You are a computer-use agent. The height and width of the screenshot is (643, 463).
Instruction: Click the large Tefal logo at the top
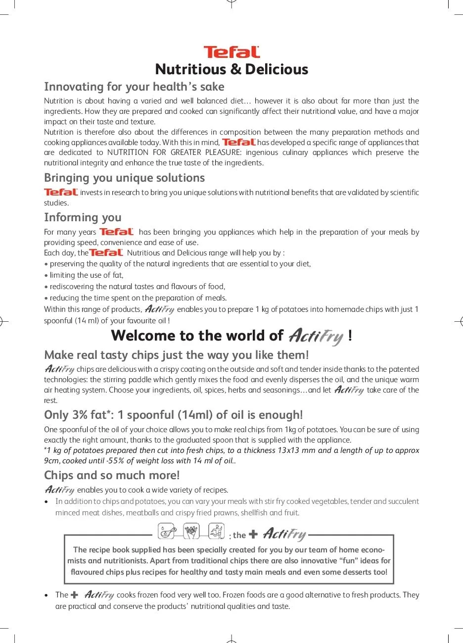pos(231,52)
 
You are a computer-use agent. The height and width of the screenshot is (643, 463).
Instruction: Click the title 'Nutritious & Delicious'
pos(231,69)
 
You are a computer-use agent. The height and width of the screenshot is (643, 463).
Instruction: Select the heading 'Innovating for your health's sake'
pos(134,87)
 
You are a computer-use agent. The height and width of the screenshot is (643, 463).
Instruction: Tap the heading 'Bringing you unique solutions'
pos(124,178)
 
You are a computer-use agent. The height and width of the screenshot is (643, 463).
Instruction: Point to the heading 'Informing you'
pos(83,217)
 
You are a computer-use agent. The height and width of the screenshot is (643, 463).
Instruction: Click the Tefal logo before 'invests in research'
pos(61,192)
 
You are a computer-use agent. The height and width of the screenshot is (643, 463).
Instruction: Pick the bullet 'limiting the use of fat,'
pos(86,275)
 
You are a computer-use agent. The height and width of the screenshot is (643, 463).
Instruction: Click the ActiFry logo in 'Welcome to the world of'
pos(316,337)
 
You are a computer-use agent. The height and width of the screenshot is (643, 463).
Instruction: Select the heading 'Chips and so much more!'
pos(112,475)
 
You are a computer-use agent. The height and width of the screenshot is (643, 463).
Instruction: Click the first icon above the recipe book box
pos(166,531)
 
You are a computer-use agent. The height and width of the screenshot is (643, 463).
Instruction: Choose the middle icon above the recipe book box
pos(191,531)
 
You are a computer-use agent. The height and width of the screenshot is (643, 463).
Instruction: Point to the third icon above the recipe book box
pos(216,531)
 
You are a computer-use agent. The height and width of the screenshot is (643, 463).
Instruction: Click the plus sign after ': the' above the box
pos(253,535)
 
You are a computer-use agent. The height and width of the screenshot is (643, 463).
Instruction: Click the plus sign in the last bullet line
pos(75,595)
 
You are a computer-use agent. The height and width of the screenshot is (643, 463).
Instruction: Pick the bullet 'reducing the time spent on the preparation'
pos(138,298)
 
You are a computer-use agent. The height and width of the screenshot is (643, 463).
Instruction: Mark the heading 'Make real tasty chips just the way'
pos(176,355)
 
